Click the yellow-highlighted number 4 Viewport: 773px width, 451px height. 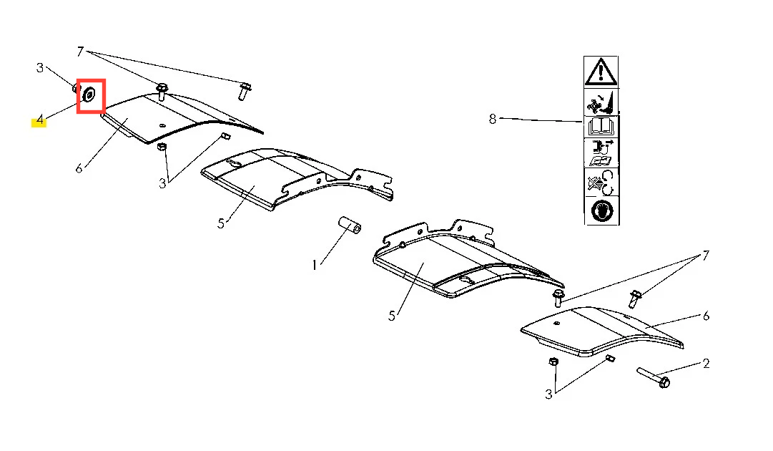tap(39, 120)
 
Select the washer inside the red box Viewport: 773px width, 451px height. tap(89, 94)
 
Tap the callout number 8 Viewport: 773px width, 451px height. tap(493, 119)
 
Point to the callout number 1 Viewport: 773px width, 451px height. tap(314, 266)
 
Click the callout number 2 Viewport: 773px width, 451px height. tap(706, 364)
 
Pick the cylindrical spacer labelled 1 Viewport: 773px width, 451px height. tap(350, 225)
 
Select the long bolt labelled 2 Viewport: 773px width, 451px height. tap(653, 377)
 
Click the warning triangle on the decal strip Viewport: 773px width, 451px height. tap(601, 72)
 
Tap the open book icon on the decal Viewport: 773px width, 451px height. tap(601, 127)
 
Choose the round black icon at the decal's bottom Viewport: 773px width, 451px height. tap(602, 210)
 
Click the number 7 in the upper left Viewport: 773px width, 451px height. tap(80, 52)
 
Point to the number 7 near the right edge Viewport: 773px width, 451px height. tap(706, 255)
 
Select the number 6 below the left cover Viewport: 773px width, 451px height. tap(79, 169)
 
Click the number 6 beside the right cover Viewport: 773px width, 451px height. tap(706, 316)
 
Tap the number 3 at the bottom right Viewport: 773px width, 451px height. tap(548, 394)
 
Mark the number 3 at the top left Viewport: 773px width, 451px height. tap(40, 67)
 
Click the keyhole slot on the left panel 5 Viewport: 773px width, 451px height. tap(233, 165)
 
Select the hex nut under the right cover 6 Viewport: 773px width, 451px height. tap(553, 362)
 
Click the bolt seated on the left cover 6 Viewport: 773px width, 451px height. tap(162, 92)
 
